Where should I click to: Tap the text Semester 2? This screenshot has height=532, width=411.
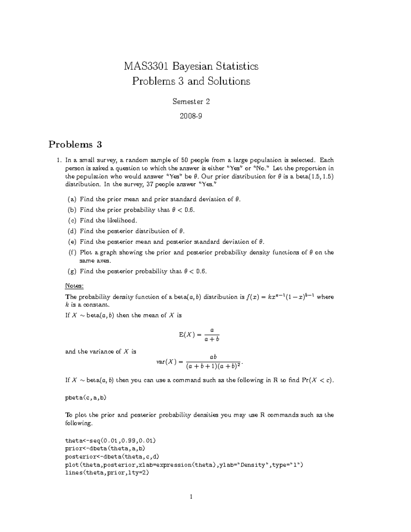click(191, 101)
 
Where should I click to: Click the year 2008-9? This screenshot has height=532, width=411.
click(191, 116)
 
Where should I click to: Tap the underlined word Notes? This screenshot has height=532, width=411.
click(74, 286)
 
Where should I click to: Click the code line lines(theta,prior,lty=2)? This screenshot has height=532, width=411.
click(107, 473)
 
